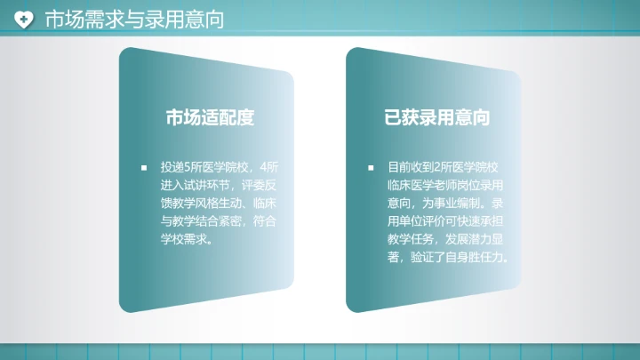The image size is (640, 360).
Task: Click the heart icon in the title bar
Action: tap(25, 19)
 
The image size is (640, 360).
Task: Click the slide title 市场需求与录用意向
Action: tap(133, 19)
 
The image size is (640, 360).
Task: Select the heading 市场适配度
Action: tap(211, 117)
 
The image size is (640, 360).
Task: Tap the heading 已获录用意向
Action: tap(438, 117)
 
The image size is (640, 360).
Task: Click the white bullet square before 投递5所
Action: tap(143, 167)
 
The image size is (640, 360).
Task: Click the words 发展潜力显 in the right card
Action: tap(478, 239)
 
